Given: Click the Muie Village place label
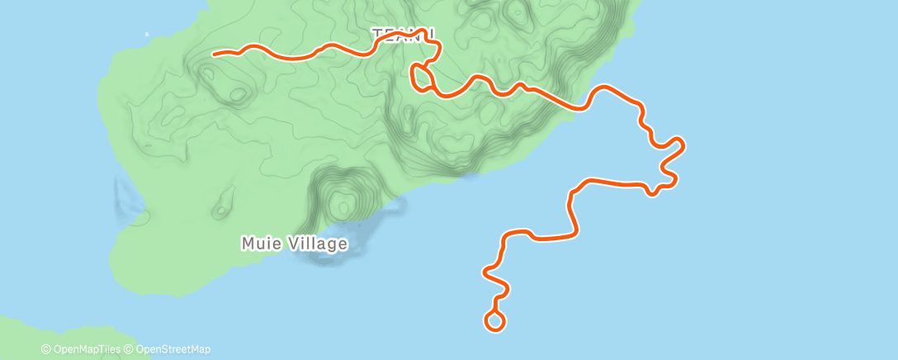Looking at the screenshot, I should click(x=294, y=244).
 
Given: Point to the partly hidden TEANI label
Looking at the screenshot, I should click(x=401, y=35).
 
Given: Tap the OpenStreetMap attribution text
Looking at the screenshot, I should click(x=172, y=349).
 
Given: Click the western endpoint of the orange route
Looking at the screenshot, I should click(x=215, y=54).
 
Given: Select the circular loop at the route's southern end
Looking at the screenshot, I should click(x=494, y=321).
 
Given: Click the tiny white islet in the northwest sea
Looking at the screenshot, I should click(x=147, y=34).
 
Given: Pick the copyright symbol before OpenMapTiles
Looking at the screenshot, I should click(x=46, y=349).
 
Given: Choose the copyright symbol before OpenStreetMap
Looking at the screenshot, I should click(x=130, y=349).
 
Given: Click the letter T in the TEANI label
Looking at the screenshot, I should click(x=377, y=35).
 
